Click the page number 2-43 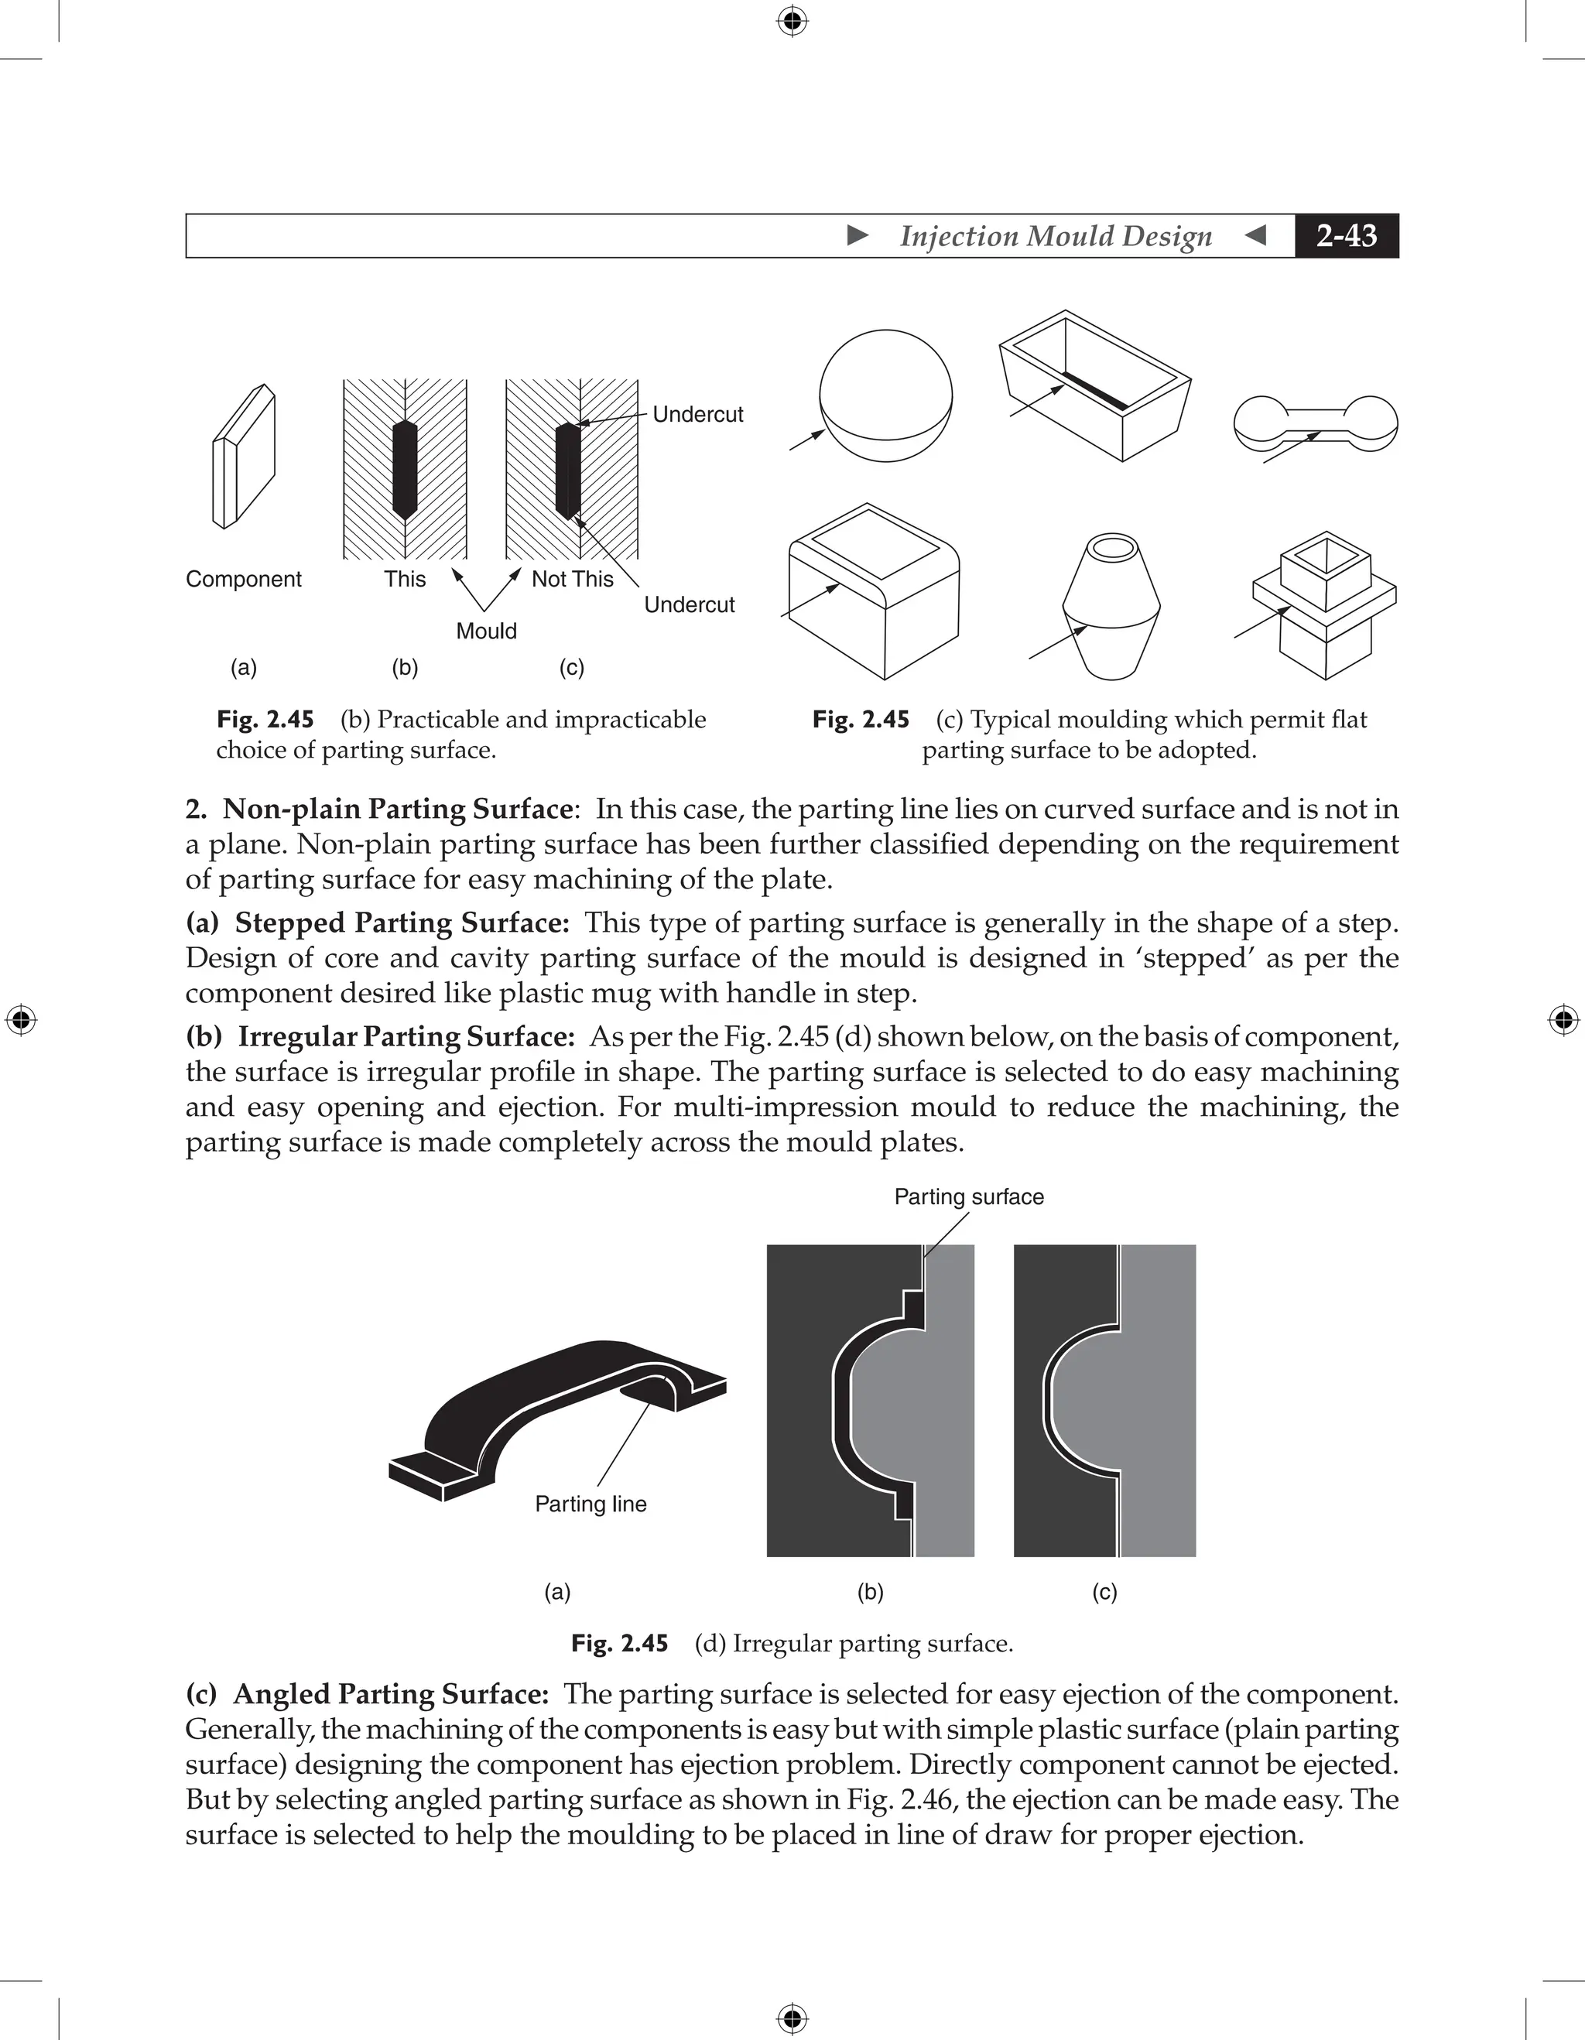[x=1346, y=235]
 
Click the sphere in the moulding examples [x=885, y=395]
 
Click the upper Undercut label [x=698, y=414]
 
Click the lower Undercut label [x=690, y=604]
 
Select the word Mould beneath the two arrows [x=486, y=631]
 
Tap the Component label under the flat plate [x=244, y=579]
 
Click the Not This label [x=573, y=579]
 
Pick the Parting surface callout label [x=968, y=1196]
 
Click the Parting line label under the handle [x=591, y=1504]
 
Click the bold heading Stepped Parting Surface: [x=402, y=922]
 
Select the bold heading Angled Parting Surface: [x=390, y=1693]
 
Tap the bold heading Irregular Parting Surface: [x=406, y=1037]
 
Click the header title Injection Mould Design [x=1056, y=235]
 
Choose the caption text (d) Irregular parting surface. [x=854, y=1643]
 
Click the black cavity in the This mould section [x=405, y=469]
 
